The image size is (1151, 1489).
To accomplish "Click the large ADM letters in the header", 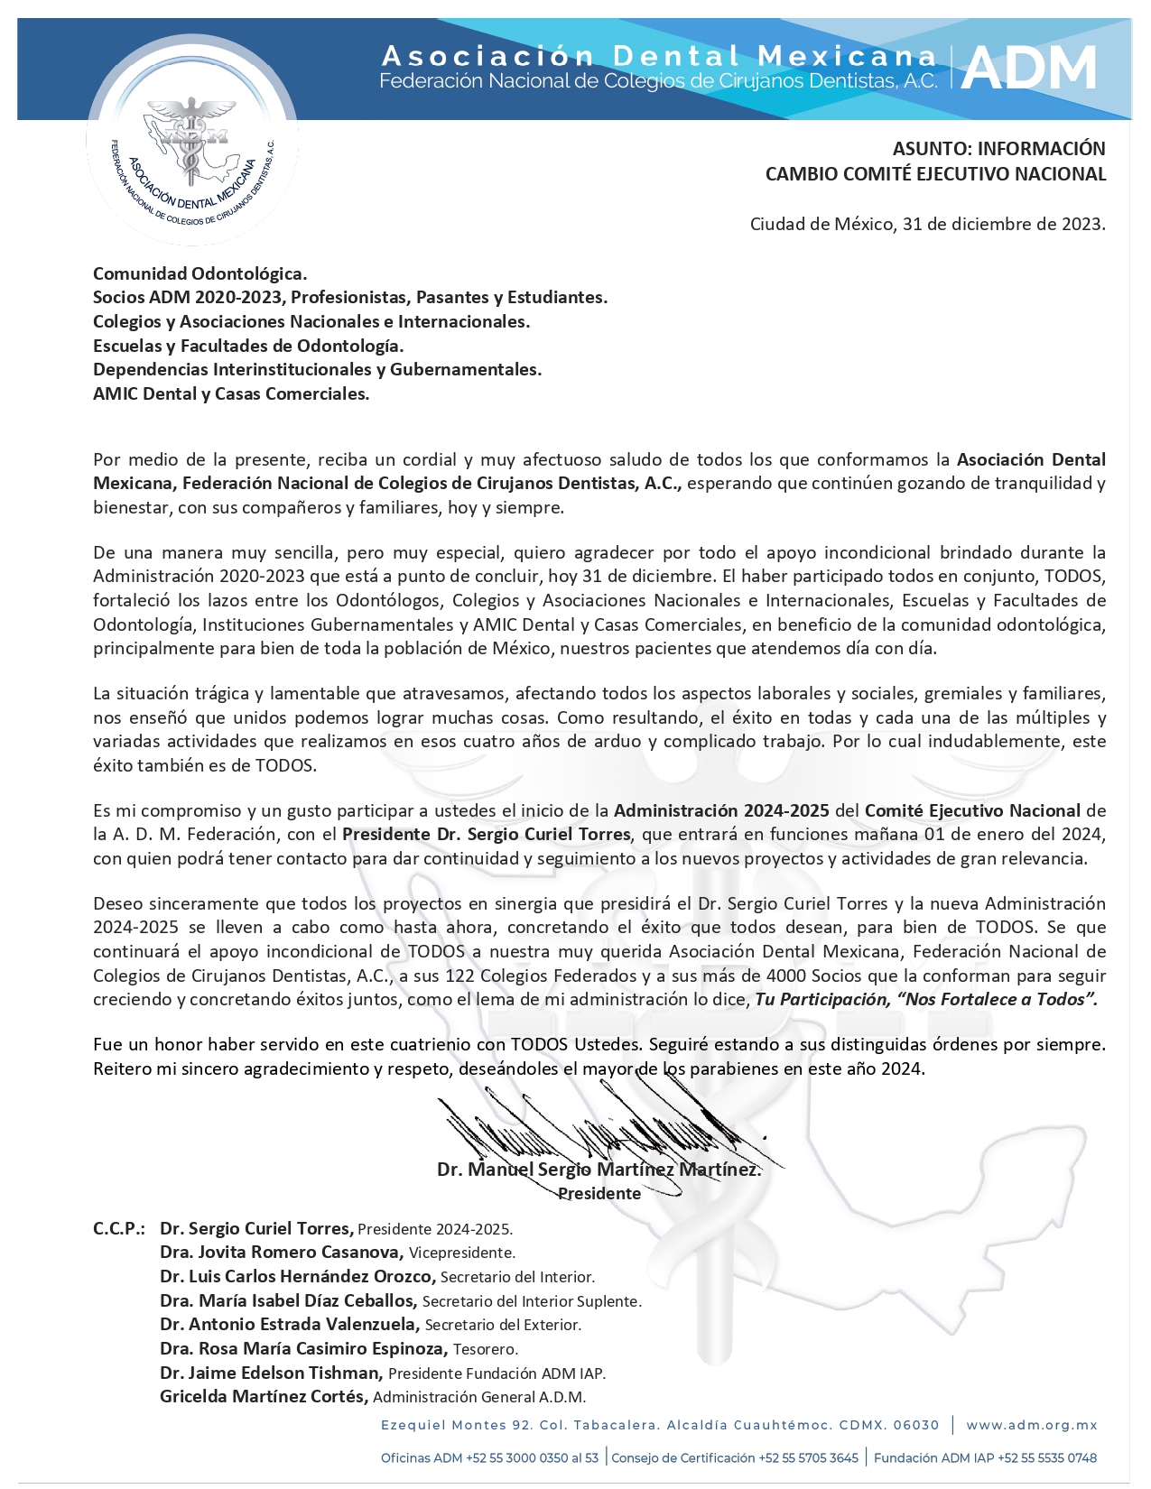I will [1029, 69].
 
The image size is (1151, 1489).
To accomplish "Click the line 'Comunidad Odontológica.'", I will [200, 273].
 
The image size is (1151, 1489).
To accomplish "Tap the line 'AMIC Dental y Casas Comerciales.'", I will [231, 393].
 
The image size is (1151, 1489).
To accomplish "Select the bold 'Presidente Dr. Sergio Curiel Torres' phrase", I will [486, 835].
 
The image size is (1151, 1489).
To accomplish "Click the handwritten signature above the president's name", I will [605, 1128].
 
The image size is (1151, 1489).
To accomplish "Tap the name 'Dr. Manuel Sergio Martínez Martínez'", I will [598, 1170].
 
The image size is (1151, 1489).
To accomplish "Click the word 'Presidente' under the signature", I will [599, 1194].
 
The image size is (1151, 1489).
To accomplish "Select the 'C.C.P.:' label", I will [119, 1228].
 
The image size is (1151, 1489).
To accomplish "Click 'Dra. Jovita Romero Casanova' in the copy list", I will [281, 1253].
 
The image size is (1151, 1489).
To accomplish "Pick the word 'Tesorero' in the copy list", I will [485, 1349].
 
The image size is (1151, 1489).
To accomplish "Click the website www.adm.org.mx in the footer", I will [1032, 1425].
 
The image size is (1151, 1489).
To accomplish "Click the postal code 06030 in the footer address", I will [916, 1425].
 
